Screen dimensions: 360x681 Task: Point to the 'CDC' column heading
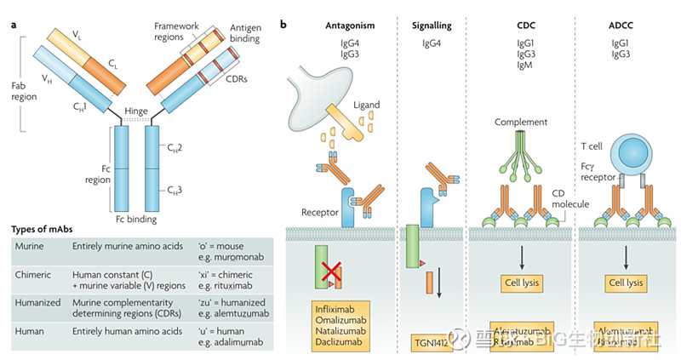pyautogui.click(x=522, y=26)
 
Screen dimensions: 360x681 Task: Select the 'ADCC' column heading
pyautogui.click(x=625, y=26)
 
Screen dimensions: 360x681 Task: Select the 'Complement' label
pyautogui.click(x=520, y=122)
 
